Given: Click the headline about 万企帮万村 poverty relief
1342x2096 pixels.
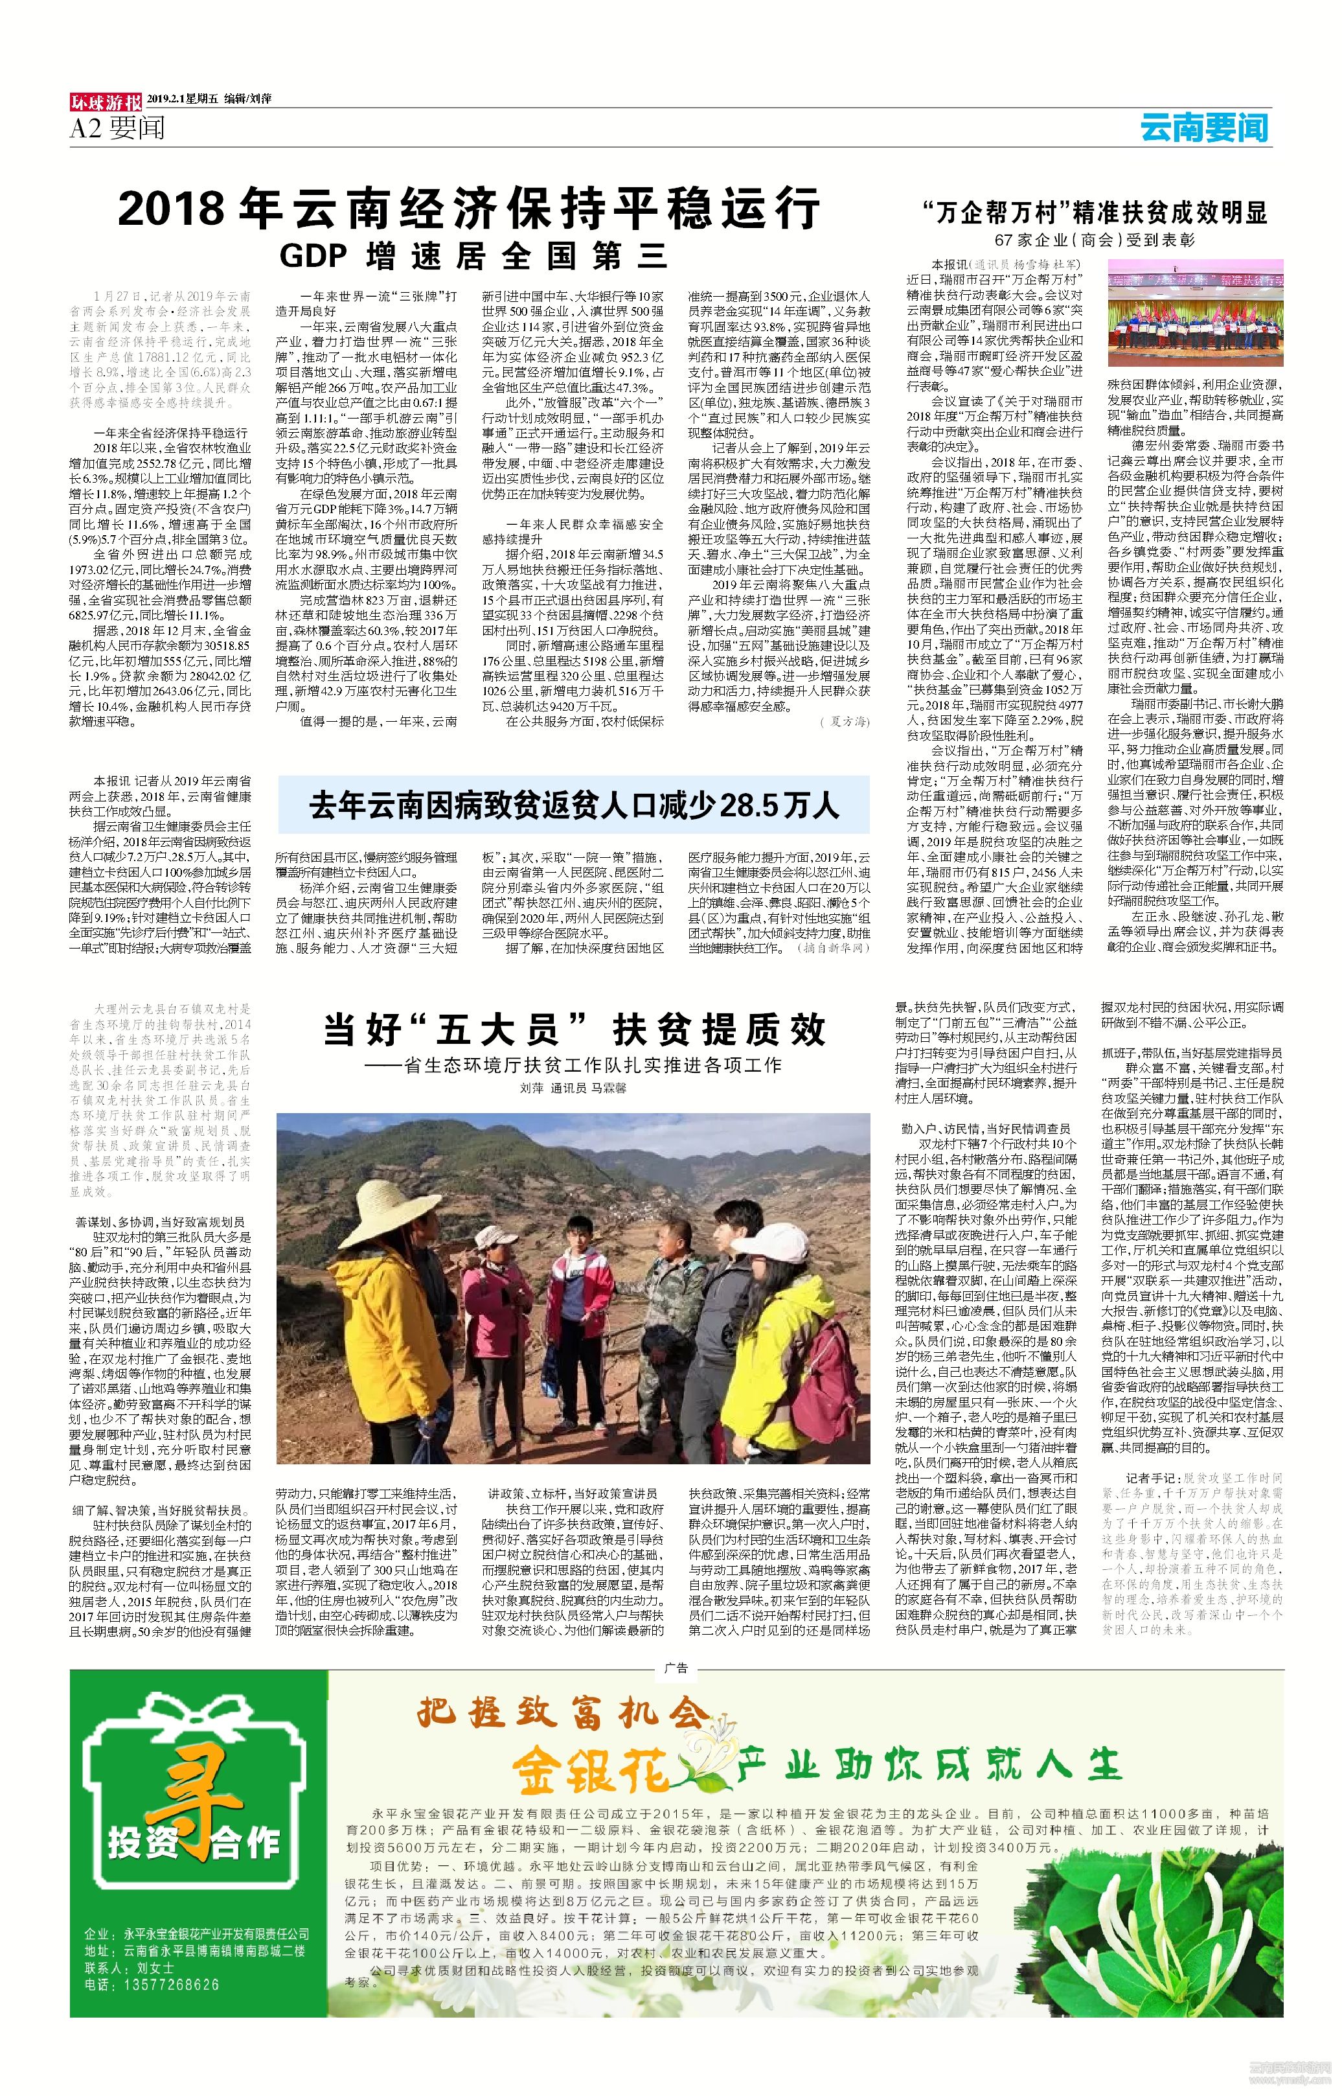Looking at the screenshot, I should point(1095,212).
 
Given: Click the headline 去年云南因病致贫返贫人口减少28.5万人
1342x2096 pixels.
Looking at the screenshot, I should point(573,805).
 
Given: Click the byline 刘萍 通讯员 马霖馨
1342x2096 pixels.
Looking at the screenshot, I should point(573,1088).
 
